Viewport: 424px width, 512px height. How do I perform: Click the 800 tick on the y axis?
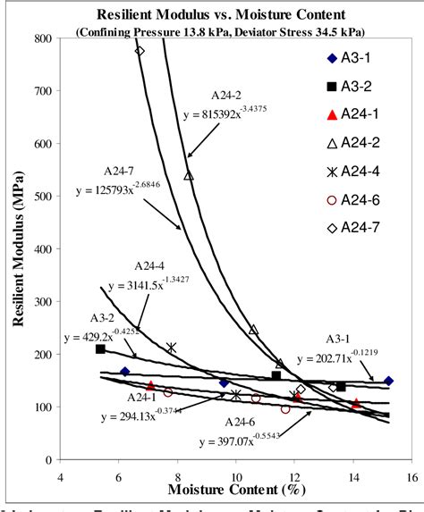tap(42, 38)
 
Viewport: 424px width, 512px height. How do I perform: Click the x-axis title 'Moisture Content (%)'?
tap(235, 490)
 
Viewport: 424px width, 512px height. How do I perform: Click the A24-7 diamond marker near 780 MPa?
tap(140, 50)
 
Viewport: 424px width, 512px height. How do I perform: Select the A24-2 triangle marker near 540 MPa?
tap(189, 176)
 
